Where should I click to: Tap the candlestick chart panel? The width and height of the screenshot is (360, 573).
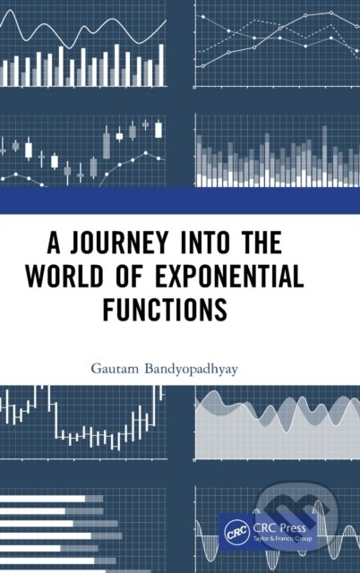(x=85, y=148)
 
